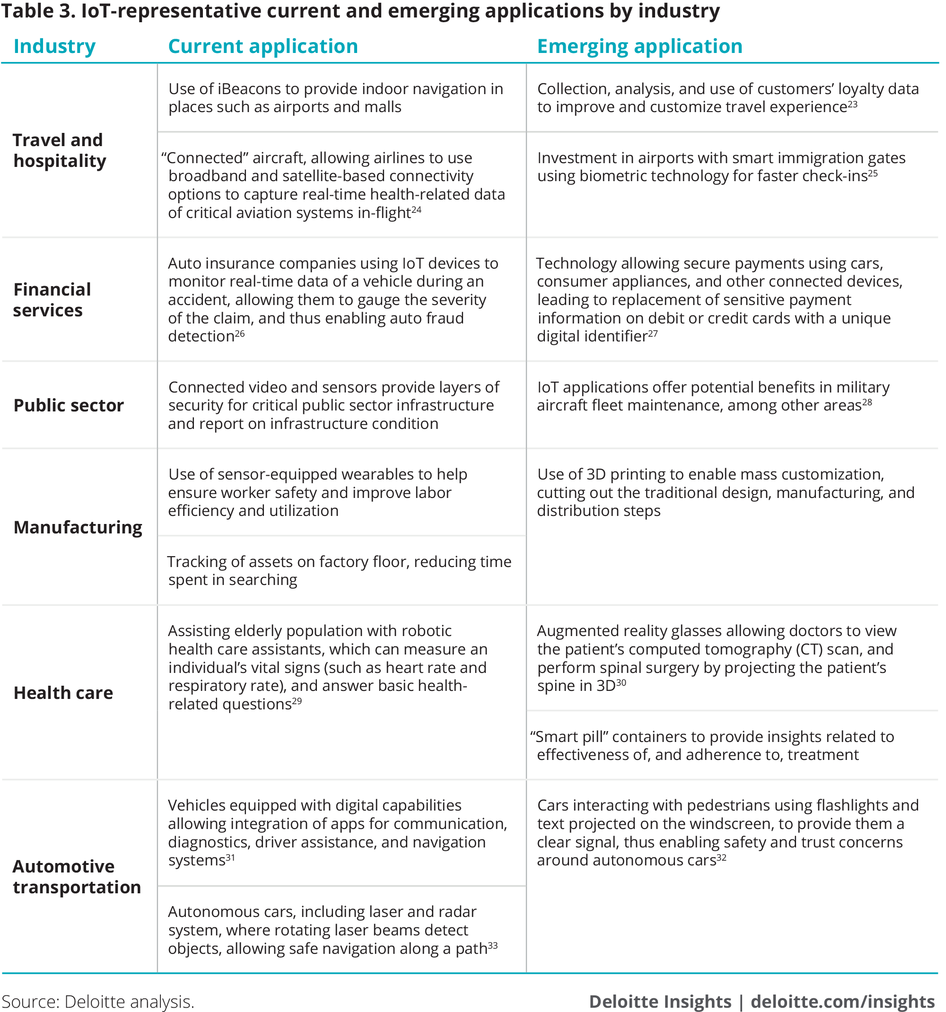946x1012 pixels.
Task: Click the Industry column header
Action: [54, 46]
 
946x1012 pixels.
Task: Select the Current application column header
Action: [263, 46]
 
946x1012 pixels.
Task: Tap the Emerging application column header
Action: [639, 46]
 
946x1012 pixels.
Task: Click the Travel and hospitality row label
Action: [59, 150]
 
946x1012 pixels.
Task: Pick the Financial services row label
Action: [52, 300]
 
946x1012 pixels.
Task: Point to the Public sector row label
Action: [69, 405]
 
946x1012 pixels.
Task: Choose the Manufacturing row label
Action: [78, 527]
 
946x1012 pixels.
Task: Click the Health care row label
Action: [63, 693]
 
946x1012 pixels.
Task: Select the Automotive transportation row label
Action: [76, 877]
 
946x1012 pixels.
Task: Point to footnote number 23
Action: [852, 104]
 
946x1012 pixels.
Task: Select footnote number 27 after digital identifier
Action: [653, 333]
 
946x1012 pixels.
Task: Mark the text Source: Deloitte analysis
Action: [98, 1001]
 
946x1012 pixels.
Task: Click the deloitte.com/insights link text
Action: [842, 1001]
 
